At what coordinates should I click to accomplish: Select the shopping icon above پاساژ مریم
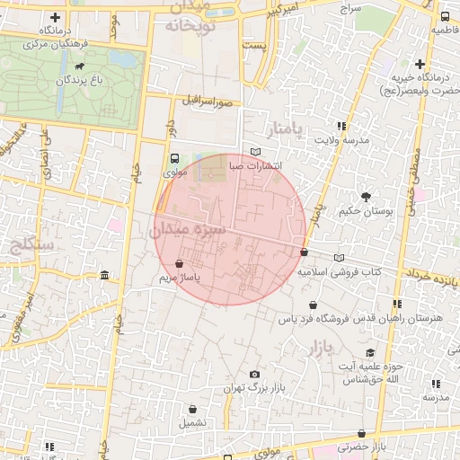click(x=182, y=265)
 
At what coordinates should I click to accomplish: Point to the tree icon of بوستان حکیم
click(x=366, y=196)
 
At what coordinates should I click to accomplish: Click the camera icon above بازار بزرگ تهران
click(x=255, y=374)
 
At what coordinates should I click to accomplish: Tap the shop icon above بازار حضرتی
click(x=361, y=434)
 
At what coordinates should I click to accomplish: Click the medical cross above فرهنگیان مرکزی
click(x=56, y=18)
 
